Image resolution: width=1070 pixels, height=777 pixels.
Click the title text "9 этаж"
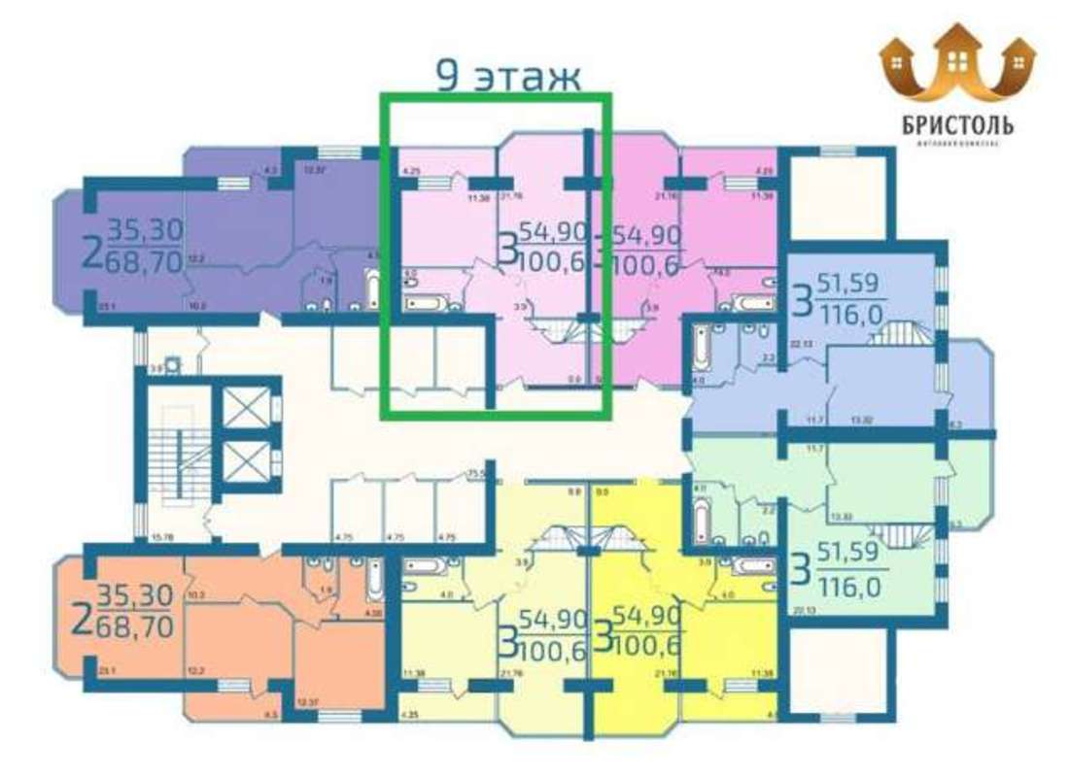pos(507,76)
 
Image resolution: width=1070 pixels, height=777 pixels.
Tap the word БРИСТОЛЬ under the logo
pos(958,125)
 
